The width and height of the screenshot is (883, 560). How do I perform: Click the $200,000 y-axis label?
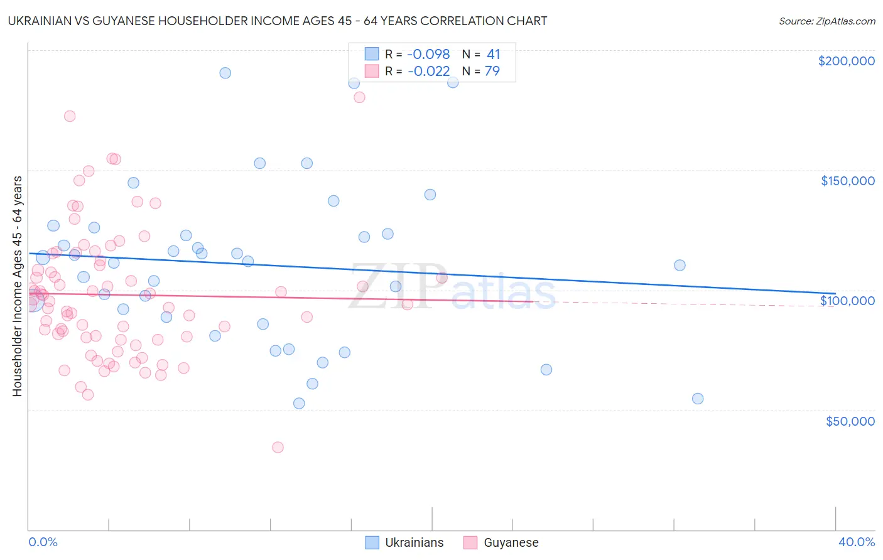click(846, 61)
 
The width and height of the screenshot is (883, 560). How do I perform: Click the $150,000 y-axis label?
click(847, 181)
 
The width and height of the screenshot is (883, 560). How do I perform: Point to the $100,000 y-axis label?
click(847, 301)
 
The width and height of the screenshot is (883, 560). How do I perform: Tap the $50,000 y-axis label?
click(850, 421)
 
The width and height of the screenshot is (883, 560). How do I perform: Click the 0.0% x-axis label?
click(43, 542)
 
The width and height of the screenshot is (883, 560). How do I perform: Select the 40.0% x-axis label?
click(856, 542)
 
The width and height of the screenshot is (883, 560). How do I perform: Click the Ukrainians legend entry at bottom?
click(413, 542)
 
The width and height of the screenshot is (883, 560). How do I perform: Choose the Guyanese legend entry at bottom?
click(511, 542)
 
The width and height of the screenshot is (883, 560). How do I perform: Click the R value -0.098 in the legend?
click(428, 55)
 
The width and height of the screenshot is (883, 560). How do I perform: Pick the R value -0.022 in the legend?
click(428, 71)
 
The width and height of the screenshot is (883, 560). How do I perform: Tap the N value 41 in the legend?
click(493, 55)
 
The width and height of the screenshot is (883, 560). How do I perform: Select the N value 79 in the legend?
click(492, 71)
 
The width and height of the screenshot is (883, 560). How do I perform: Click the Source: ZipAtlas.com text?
click(826, 21)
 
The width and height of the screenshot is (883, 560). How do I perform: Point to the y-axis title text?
click(17, 286)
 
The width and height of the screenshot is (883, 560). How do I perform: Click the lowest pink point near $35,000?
click(278, 447)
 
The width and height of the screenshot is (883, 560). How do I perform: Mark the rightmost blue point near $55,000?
click(697, 399)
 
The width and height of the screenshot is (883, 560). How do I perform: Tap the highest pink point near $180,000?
click(359, 97)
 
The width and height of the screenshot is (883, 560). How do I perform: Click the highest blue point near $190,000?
click(225, 73)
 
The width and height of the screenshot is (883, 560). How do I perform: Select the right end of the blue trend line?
click(835, 293)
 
